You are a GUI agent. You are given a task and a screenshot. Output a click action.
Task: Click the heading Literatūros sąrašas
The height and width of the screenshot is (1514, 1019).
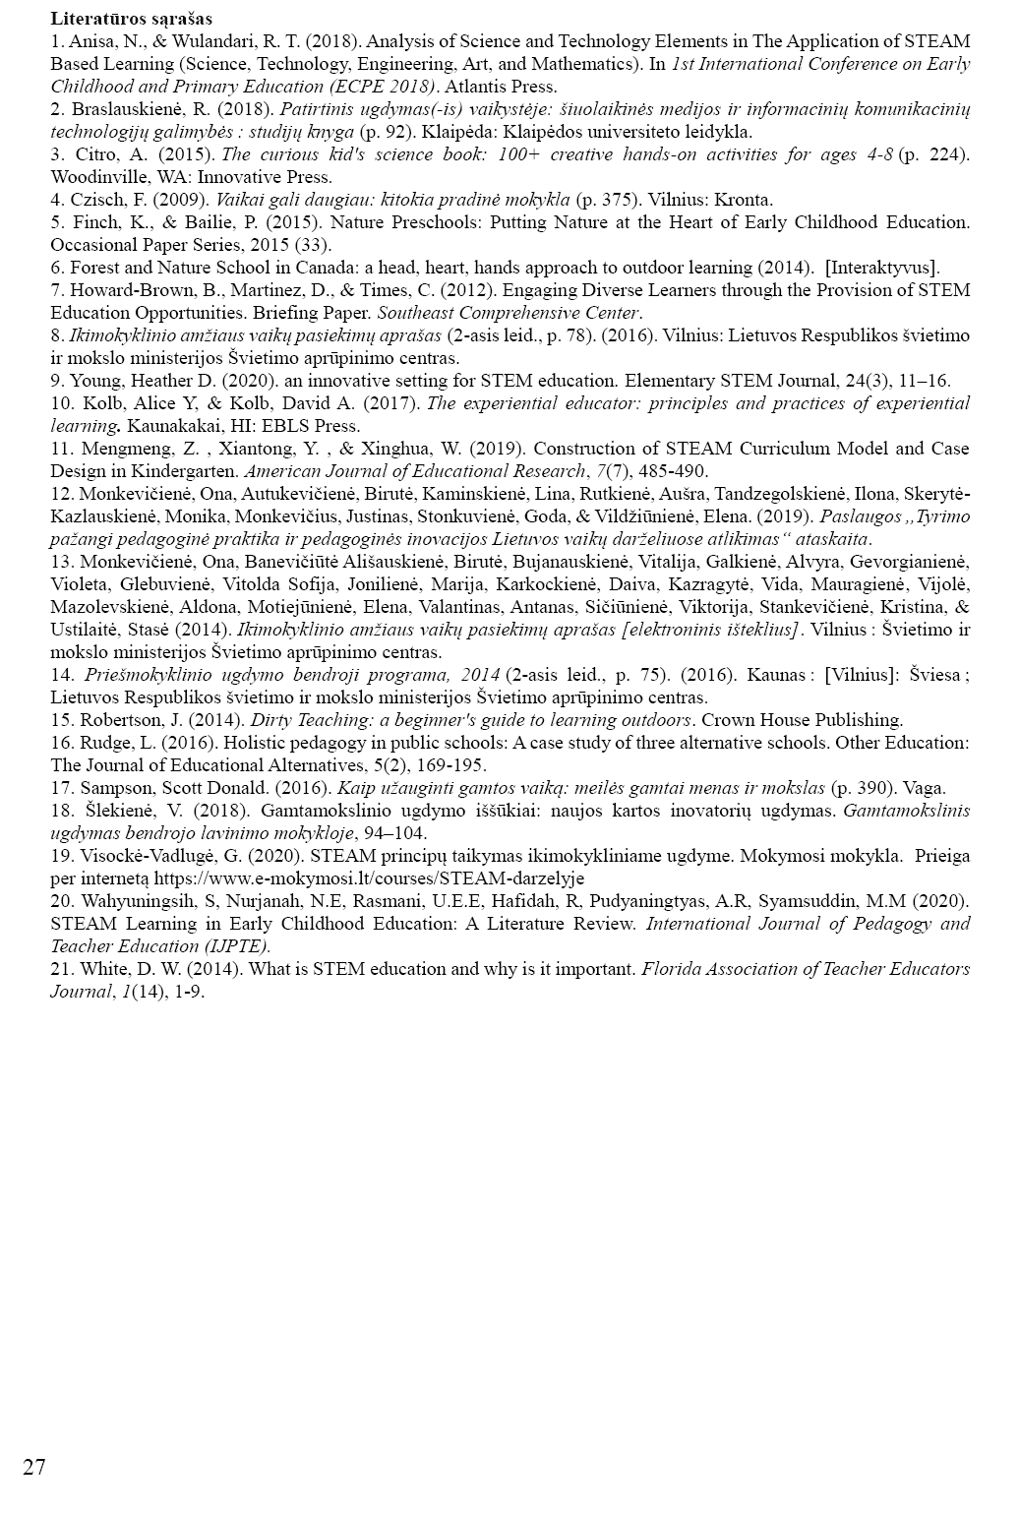131,19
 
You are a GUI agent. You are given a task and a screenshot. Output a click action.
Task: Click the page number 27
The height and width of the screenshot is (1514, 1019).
33,1469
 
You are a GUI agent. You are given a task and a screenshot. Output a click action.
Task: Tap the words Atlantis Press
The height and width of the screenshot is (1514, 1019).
501,87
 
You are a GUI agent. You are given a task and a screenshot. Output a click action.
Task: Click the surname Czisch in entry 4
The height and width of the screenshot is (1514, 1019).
95,200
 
